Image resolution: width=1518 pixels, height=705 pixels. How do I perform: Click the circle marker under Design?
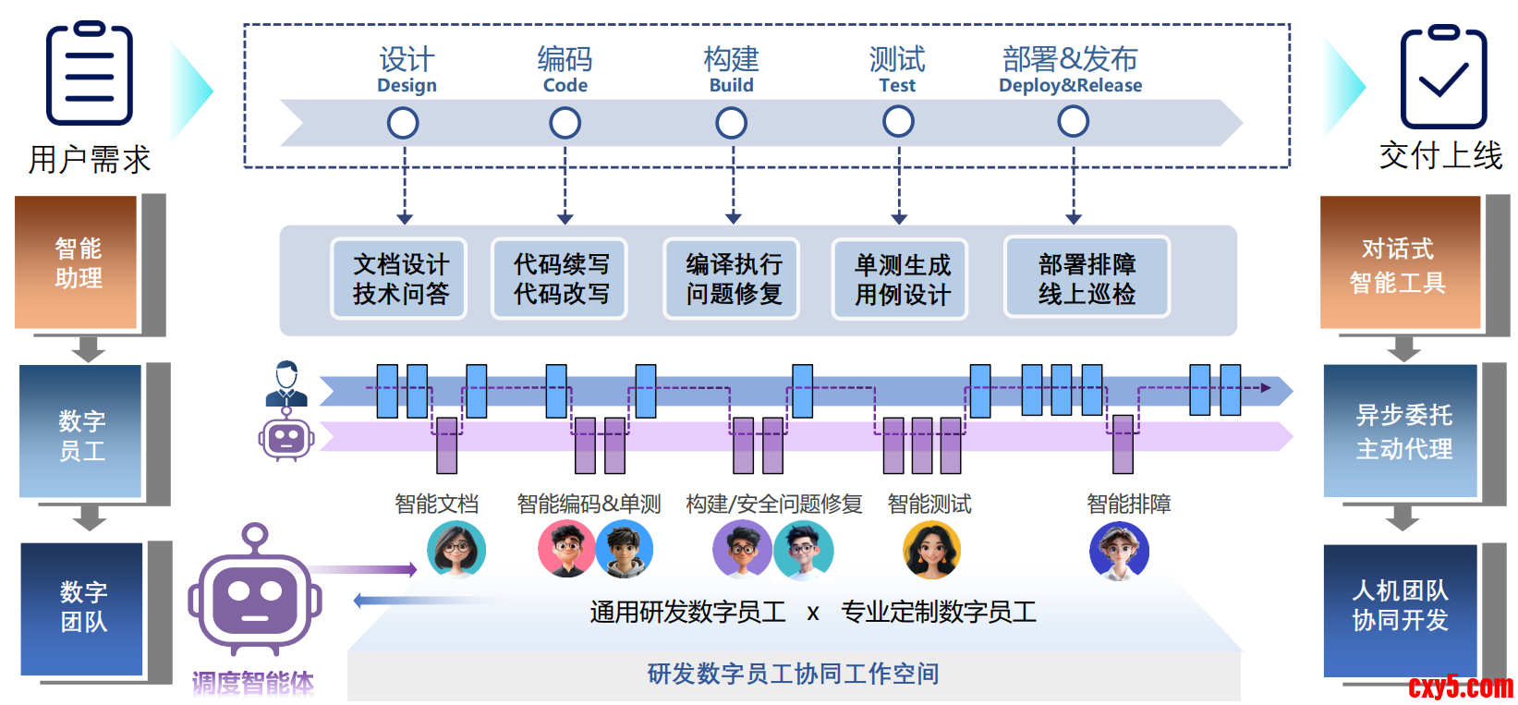[x=403, y=123]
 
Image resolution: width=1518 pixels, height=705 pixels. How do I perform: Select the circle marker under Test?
[x=898, y=121]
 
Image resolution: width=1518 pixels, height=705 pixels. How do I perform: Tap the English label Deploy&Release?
[x=1070, y=86]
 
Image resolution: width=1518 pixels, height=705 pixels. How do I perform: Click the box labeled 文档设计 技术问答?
[x=400, y=279]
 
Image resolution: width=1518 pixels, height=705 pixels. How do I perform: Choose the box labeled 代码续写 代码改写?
[x=560, y=279]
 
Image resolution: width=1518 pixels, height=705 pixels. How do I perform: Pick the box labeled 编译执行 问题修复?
[x=732, y=279]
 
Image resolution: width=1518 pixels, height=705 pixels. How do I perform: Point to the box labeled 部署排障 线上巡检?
[x=1087, y=278]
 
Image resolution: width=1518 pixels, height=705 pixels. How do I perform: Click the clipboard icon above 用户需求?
[x=90, y=74]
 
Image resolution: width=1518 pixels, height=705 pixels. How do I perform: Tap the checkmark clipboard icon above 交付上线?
[x=1442, y=78]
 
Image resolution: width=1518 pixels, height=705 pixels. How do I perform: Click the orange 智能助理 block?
[x=78, y=263]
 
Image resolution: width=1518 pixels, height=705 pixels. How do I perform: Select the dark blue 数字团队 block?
[x=83, y=608]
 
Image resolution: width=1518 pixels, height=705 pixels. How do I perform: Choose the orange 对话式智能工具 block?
[x=1398, y=264]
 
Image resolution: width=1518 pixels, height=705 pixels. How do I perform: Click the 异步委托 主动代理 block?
[x=1403, y=432]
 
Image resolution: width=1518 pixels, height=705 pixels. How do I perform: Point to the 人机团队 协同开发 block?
[x=1400, y=607]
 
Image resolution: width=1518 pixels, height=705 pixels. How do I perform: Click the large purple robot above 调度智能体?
[x=255, y=596]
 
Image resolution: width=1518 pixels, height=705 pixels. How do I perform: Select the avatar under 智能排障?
[x=1119, y=552]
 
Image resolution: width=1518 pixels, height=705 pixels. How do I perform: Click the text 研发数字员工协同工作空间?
[x=793, y=675]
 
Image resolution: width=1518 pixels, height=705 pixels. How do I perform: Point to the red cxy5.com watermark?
[x=1460, y=687]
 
